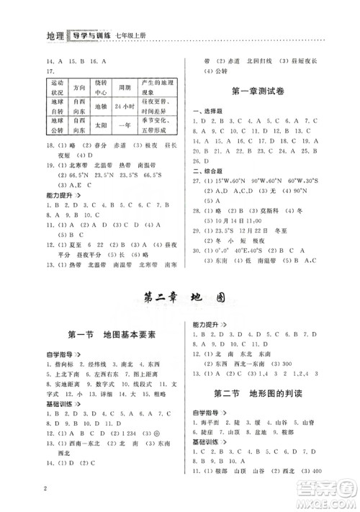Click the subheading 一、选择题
click(x=207, y=112)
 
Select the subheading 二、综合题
click(x=207, y=181)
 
